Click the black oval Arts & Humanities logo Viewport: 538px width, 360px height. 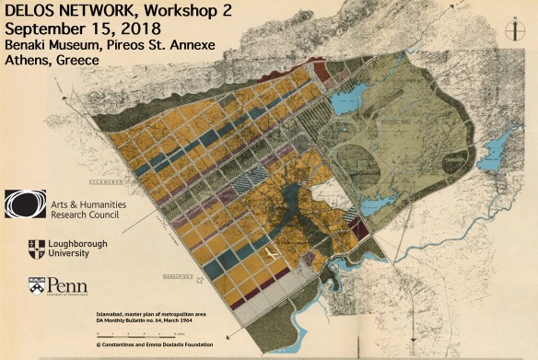coord(25,203)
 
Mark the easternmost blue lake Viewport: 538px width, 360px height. coord(498,147)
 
